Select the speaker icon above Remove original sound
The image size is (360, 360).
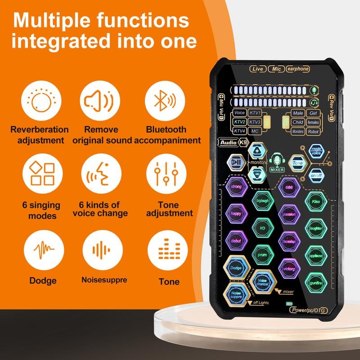[x=100, y=102]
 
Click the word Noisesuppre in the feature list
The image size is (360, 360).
[x=104, y=280]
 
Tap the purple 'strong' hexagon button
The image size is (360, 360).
[x=236, y=186]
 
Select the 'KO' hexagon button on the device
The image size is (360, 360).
[x=262, y=228]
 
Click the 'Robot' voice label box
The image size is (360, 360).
[x=313, y=132]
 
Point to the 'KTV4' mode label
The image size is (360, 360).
[x=239, y=131]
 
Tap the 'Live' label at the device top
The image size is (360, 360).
[x=257, y=69]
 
